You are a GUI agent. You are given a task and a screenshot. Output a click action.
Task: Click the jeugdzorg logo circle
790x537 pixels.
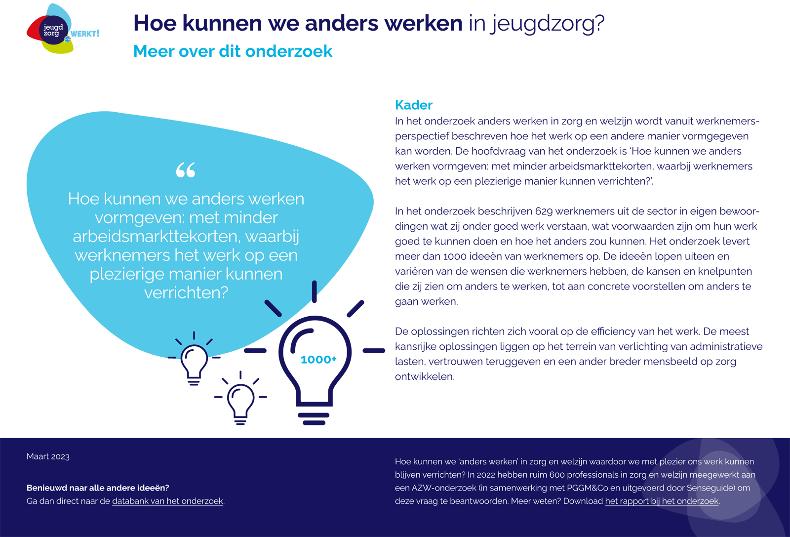tap(53, 30)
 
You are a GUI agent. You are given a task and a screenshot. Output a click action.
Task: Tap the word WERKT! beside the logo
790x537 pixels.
tap(85, 34)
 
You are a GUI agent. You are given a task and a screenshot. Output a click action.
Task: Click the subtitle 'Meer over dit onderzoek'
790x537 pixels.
tap(233, 51)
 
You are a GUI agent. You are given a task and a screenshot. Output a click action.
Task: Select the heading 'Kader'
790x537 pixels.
tap(413, 105)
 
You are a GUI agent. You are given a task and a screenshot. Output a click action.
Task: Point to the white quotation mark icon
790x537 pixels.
tap(186, 170)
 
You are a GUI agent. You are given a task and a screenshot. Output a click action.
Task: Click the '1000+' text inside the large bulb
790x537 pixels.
tap(318, 360)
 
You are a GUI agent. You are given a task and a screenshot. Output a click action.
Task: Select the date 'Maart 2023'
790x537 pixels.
tap(48, 456)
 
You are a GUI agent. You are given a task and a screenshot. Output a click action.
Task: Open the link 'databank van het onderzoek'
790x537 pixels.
tap(167, 501)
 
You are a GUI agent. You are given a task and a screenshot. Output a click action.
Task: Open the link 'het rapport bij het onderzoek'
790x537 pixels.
tap(662, 501)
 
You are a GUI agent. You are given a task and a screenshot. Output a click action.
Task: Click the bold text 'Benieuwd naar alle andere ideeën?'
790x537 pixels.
tap(98, 488)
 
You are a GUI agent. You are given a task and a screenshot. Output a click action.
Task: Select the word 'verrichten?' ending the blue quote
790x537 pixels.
tap(186, 293)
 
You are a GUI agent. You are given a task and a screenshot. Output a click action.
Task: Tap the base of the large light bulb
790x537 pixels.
tap(314, 419)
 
